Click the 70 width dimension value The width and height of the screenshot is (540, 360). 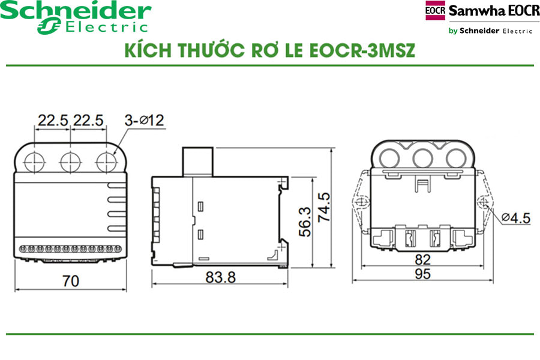pyautogui.click(x=70, y=281)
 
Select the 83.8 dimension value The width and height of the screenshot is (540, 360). pyautogui.click(x=220, y=277)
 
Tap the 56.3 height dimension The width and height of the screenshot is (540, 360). pyautogui.click(x=305, y=221)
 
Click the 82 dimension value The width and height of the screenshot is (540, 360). pyautogui.click(x=422, y=260)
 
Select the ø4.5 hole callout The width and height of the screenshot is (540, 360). pyautogui.click(x=514, y=218)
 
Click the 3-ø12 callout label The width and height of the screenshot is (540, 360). pyautogui.click(x=145, y=120)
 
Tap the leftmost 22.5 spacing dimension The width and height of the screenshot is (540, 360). pyautogui.click(x=53, y=120)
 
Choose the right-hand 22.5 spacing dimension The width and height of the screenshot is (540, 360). pyautogui.click(x=88, y=120)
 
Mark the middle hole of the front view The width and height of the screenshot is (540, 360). pyautogui.click(x=70, y=160)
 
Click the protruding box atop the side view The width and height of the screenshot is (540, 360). pyautogui.click(x=197, y=161)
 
